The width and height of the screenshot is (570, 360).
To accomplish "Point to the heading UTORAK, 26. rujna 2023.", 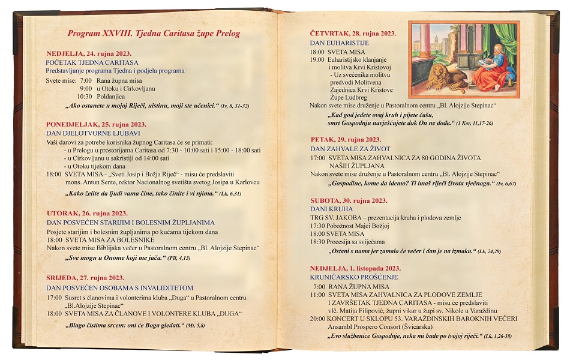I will coord(87,213).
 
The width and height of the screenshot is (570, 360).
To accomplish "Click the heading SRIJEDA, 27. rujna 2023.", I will coord(85,277).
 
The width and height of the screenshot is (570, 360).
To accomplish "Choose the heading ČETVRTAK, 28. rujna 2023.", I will coord(353,34).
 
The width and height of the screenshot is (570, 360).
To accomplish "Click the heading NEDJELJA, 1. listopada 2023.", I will coord(355,268).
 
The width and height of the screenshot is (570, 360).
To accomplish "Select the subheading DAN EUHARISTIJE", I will coord(339,43).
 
